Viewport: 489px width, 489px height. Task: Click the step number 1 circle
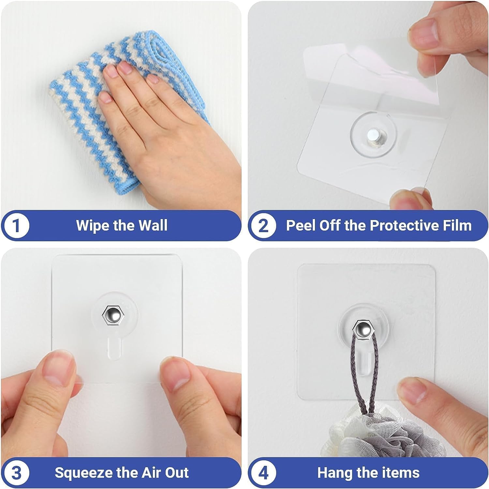pyautogui.click(x=17, y=226)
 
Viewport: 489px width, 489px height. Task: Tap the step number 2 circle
pyautogui.click(x=263, y=226)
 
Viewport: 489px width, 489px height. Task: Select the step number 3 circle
pyautogui.click(x=17, y=473)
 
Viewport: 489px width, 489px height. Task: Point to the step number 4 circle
pyautogui.click(x=263, y=473)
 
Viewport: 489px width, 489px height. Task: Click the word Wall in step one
pyautogui.click(x=153, y=226)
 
